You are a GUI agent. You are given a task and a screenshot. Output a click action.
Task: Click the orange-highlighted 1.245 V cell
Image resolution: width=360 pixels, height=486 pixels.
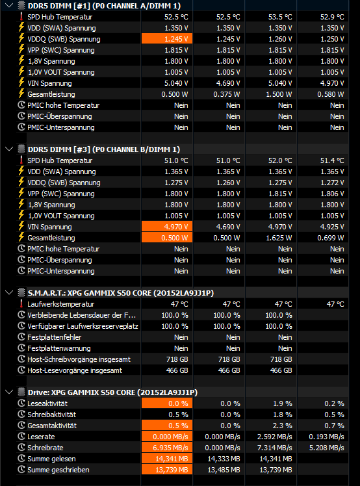point(167,39)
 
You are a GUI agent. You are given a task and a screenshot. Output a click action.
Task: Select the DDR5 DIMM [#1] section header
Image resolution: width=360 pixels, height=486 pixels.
point(104,6)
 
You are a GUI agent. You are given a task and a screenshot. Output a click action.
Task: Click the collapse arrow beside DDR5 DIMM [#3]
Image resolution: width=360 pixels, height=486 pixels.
point(9,149)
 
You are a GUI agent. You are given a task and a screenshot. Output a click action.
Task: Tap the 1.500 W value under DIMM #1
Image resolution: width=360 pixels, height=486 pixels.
point(279,94)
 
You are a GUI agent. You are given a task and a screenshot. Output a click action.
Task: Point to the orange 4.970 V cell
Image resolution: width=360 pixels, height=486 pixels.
point(167,227)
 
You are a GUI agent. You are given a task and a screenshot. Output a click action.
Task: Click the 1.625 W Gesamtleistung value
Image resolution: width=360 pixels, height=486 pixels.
point(279,238)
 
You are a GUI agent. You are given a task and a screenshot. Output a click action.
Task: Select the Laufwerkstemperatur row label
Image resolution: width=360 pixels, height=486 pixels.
point(61,304)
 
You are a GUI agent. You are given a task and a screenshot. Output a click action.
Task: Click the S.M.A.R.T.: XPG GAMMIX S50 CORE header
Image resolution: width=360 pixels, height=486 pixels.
point(121,293)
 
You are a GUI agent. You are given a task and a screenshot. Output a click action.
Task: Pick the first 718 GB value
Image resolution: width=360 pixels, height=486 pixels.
point(177,359)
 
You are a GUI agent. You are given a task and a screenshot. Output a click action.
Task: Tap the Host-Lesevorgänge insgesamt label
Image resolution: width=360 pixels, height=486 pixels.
point(75,370)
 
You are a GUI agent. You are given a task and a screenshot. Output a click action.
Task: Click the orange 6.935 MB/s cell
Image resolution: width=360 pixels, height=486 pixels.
point(167,448)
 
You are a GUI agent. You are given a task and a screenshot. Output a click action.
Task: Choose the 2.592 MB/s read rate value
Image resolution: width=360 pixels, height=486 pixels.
point(274,437)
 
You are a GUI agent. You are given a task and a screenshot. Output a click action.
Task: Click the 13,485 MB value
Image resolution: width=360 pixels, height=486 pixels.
point(224,470)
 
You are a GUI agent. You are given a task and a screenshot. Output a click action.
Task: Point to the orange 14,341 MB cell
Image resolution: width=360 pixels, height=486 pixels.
point(167,459)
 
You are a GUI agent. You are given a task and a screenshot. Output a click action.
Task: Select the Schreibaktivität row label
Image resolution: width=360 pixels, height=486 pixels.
point(52,415)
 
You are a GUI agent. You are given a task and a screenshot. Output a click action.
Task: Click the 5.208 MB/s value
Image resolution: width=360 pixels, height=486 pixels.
point(326,448)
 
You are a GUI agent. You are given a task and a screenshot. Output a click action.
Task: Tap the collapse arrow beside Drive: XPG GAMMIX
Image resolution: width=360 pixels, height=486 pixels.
point(9,392)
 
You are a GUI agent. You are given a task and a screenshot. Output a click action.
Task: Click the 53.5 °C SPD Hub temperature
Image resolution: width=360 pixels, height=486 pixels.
point(280,17)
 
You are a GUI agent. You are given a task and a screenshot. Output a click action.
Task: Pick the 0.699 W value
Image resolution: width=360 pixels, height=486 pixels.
point(331,238)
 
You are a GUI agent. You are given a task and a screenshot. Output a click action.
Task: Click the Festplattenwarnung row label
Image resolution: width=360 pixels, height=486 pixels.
point(59,348)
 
